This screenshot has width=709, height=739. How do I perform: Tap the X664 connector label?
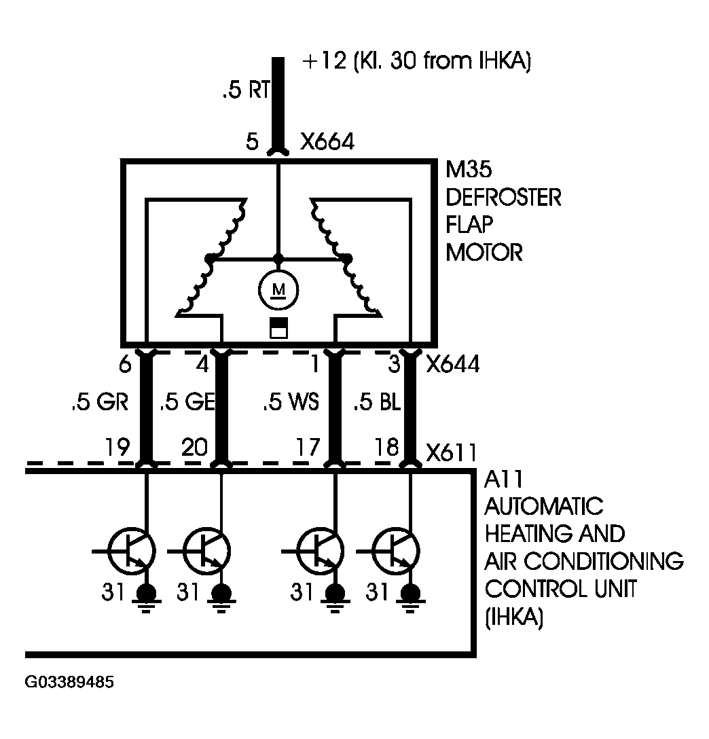click(x=327, y=141)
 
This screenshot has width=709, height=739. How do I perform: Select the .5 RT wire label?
click(x=246, y=90)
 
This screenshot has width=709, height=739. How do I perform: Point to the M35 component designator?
click(x=469, y=169)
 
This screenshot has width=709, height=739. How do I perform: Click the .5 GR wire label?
click(x=100, y=402)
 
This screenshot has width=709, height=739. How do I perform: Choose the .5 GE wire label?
click(x=187, y=402)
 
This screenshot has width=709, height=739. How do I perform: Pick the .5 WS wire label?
click(x=291, y=402)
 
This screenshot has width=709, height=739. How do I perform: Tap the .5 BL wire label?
click(x=377, y=402)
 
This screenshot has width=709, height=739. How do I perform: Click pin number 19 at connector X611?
click(x=117, y=447)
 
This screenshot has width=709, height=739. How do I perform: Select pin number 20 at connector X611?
click(x=194, y=447)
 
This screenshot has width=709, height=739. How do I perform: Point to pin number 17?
click(x=308, y=447)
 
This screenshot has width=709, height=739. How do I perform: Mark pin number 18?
click(x=386, y=447)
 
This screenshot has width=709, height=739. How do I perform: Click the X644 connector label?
click(x=453, y=364)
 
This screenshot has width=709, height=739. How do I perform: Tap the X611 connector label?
click(x=451, y=453)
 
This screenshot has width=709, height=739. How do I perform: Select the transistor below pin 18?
click(x=395, y=551)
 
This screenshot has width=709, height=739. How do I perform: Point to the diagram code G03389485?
click(x=69, y=682)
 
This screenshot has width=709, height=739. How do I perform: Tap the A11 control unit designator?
click(x=503, y=480)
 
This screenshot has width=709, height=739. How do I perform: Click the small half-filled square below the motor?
click(x=278, y=329)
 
